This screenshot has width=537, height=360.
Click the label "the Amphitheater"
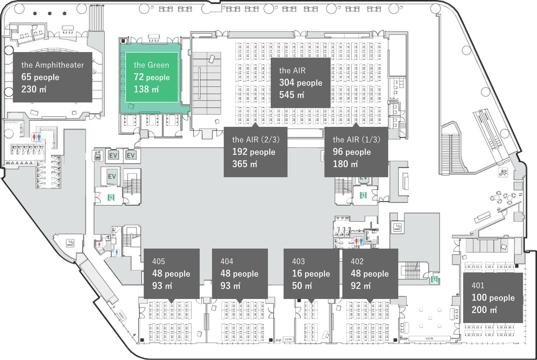(x=53, y=65)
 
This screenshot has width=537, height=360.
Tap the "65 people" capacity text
(x=40, y=77)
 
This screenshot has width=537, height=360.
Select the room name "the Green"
(x=151, y=65)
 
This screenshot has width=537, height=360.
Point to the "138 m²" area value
(x=146, y=89)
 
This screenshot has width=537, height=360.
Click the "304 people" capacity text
(x=301, y=83)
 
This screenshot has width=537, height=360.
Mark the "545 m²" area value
(x=291, y=95)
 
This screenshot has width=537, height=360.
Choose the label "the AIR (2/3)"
(x=256, y=139)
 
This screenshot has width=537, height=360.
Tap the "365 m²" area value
(x=244, y=164)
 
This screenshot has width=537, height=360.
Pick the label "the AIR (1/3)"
(x=356, y=139)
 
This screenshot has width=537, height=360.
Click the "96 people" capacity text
(x=352, y=152)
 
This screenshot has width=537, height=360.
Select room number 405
(x=159, y=261)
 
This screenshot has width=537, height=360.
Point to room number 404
(x=227, y=261)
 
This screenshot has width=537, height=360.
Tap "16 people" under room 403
(x=311, y=273)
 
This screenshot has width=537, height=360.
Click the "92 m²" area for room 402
(x=361, y=286)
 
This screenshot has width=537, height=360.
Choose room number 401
(x=478, y=286)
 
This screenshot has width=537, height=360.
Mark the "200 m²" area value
(x=484, y=310)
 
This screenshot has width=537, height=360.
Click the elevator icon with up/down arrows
(x=97, y=155)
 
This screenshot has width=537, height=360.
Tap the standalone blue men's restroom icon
(x=117, y=252)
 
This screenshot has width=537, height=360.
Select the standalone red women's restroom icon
(x=99, y=244)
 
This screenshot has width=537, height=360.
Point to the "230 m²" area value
(x=34, y=89)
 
